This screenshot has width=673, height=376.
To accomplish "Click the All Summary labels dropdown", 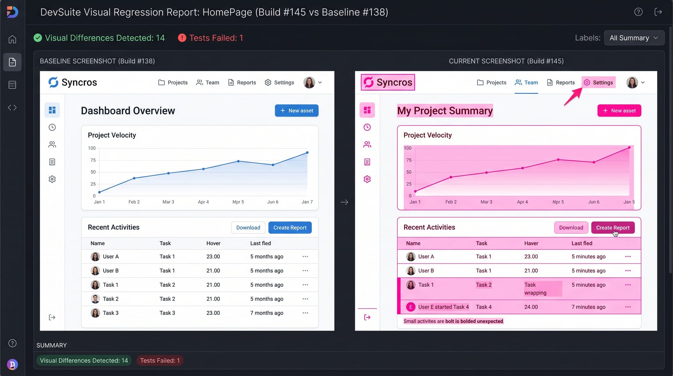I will pos(634,38).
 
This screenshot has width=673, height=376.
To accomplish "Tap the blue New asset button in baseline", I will pos(296,111).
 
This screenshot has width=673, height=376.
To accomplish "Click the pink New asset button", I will pos(619,111).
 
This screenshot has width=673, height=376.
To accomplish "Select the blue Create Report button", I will pos(290,228).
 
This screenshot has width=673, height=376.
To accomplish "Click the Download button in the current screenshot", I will pos(571,228).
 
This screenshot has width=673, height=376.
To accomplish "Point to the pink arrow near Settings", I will pos(573,97).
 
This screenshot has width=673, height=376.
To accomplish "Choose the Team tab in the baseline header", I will pos(208,83).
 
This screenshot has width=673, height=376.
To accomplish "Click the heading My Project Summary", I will pos(445,111).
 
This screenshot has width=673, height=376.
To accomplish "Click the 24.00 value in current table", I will pos(531,307).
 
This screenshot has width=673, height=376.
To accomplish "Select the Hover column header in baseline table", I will pos(213,243).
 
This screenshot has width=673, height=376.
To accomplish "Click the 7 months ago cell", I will pos(267,313).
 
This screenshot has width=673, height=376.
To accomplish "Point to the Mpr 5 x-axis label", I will pos(238,202).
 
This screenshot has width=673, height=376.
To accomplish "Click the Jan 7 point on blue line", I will pos(307,153).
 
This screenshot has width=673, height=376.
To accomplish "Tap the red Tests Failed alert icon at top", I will pos(182,38).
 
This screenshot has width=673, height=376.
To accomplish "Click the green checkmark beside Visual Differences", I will pos(38,38).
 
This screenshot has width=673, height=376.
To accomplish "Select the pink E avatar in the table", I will pos(411,307).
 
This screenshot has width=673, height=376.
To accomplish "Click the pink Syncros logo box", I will pos(388,82).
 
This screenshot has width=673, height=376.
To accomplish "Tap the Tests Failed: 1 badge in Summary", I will pos(160,361).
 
